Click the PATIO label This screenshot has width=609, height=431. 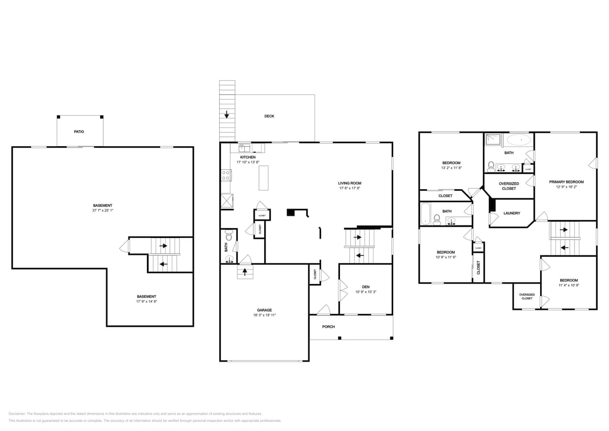[x=79, y=131]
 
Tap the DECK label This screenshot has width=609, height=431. [x=269, y=116]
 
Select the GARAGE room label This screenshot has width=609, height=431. [x=264, y=310]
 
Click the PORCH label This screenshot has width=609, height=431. [x=328, y=327]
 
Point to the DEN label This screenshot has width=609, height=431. [x=366, y=287]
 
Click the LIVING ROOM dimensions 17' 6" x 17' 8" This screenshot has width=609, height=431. [x=350, y=188]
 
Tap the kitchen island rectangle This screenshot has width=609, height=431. [x=263, y=178]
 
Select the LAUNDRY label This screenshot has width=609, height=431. [x=511, y=213]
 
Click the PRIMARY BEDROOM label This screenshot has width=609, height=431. [x=566, y=182]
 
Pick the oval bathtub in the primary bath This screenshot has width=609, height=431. [x=519, y=140]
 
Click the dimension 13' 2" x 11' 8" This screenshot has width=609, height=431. [x=451, y=168]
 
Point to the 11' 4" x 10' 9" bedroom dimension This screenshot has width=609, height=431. [x=569, y=285]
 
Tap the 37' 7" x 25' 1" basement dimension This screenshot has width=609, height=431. [x=102, y=210]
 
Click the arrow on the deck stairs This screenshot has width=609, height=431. [x=226, y=114]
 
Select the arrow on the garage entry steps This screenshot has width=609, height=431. [x=245, y=272]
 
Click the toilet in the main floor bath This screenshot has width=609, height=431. [x=229, y=236]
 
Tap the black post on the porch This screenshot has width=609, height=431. [x=339, y=338]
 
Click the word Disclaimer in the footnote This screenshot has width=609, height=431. [x=17, y=414]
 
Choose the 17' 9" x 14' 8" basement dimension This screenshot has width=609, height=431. [x=147, y=302]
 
